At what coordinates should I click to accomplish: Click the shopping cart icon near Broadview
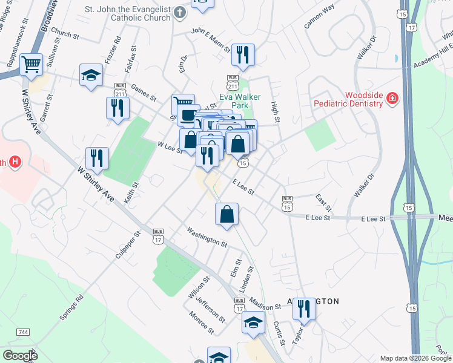click(x=31, y=64)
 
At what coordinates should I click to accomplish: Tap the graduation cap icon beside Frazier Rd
click(x=91, y=76)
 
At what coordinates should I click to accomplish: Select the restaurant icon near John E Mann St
click(x=243, y=55)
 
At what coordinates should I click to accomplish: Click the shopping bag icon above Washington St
click(x=226, y=214)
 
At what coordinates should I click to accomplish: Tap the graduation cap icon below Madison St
click(x=253, y=322)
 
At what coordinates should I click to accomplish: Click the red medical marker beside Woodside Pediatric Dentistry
click(x=392, y=97)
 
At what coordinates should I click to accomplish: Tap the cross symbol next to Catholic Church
click(x=179, y=12)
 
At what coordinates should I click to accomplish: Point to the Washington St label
click(x=207, y=236)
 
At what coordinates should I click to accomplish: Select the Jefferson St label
click(x=211, y=310)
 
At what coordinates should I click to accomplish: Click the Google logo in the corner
click(x=20, y=355)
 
